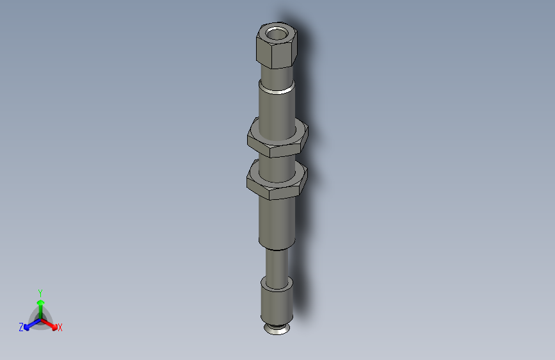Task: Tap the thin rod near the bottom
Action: [277, 263]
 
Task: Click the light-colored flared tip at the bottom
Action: [277, 330]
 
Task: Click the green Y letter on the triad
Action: [40, 292]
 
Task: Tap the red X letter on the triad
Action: [60, 328]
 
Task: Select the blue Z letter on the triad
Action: [21, 327]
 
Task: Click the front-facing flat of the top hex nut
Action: [282, 53]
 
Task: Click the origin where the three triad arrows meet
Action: [40, 318]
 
